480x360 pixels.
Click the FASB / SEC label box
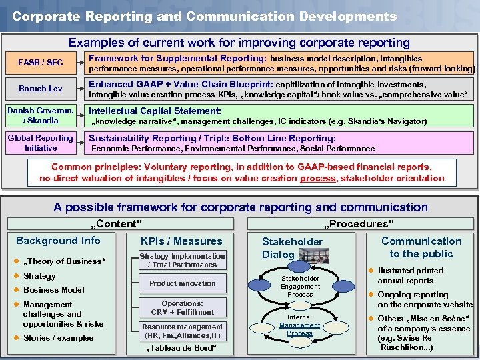click(41, 63)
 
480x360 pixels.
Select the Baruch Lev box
click(41, 89)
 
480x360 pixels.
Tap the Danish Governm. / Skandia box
click(41, 115)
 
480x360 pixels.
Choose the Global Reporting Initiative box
click(41, 143)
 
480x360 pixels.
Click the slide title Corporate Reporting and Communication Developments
click(204, 16)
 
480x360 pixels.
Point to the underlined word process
click(317, 178)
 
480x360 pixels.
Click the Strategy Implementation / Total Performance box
click(182, 260)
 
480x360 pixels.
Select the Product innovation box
click(182, 283)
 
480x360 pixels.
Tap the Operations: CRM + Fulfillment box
click(182, 307)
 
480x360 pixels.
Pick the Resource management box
click(182, 331)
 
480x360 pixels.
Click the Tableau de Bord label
click(182, 348)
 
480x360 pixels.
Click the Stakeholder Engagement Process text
click(300, 286)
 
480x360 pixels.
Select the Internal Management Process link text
click(299, 325)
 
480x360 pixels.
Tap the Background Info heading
click(58, 241)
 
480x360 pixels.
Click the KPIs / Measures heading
click(182, 241)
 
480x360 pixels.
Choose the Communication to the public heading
click(421, 247)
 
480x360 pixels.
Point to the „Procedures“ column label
click(359, 224)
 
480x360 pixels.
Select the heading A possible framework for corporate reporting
click(241, 207)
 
